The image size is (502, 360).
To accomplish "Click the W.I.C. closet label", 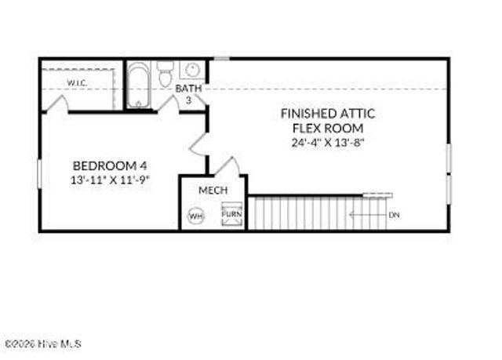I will point(76,82).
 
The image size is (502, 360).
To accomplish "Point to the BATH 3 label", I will point(188,93).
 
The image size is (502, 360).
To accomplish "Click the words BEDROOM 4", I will point(110,165).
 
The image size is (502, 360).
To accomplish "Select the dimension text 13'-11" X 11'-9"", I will point(110,179).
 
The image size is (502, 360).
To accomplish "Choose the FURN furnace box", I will point(231,213).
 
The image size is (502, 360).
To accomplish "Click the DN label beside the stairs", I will point(394,214).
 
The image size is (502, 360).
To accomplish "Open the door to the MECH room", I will point(227,166).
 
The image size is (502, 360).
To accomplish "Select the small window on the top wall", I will point(222,58).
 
